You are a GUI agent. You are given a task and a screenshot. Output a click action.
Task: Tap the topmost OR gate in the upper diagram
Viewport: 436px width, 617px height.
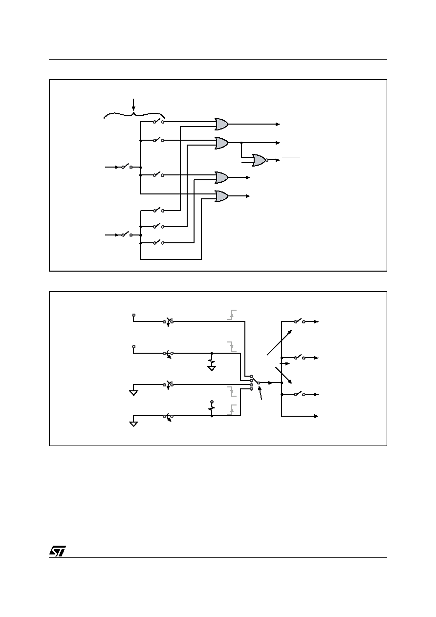coord(221,124)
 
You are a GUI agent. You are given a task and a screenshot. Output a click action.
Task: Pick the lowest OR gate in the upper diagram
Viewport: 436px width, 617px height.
coord(221,196)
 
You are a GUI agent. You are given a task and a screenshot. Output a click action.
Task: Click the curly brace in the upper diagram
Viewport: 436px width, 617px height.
coord(134,115)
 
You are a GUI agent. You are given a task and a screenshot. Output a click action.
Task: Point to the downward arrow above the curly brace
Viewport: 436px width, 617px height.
coord(133,105)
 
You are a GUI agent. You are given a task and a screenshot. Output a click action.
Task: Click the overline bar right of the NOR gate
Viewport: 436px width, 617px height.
coord(291,157)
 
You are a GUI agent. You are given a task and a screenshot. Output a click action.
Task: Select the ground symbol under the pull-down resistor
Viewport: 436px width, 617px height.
coord(212,368)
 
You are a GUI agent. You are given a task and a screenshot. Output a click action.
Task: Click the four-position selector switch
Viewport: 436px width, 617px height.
coord(255,383)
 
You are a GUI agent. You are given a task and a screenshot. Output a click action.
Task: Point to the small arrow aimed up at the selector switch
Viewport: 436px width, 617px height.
coord(260,392)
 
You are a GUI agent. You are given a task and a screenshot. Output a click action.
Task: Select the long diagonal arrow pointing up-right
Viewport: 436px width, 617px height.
coord(279,342)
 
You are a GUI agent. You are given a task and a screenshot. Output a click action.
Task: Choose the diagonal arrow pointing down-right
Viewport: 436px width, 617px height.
coord(283,375)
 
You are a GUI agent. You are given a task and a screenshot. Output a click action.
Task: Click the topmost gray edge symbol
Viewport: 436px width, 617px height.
coord(232,315)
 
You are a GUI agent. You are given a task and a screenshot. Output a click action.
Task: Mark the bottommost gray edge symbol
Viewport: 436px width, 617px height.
coord(232,409)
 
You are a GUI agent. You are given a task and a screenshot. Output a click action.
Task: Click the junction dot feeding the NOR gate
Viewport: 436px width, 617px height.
coord(241,143)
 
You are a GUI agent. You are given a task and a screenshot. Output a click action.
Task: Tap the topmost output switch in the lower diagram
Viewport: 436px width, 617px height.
coord(300,321)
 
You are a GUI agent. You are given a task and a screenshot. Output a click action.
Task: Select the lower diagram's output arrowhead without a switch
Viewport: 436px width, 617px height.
coord(316,416)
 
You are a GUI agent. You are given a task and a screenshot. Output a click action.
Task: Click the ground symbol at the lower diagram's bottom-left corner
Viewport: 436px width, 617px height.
coord(133,424)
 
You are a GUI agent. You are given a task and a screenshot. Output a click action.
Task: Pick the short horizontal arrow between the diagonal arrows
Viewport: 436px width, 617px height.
coord(284,363)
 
